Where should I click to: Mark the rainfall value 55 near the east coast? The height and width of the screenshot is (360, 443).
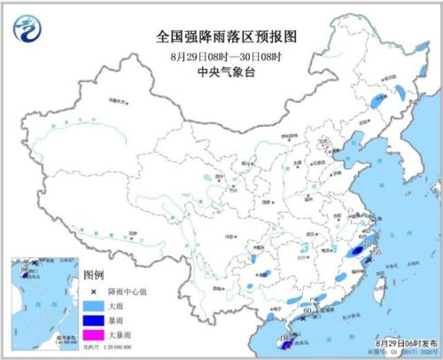pyautogui.click(x=377, y=252)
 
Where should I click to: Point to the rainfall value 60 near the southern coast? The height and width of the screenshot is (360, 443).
pyautogui.click(x=307, y=309)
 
